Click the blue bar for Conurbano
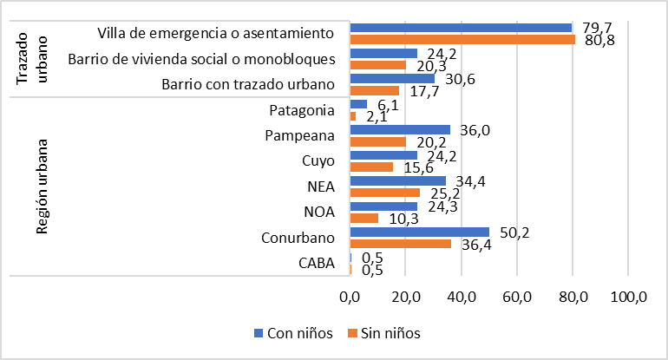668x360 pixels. coord(419,232)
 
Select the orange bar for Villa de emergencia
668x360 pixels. coord(462,39)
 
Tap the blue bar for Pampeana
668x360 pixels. coord(399,129)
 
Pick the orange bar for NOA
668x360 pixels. coord(363,218)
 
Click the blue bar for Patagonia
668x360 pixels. coord(357,104)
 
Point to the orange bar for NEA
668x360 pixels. coord(384,193)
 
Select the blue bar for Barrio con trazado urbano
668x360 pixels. coord(391,79)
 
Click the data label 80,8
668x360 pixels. coord(599,42)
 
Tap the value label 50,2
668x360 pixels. coord(513,232)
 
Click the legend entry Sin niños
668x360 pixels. coord(383,334)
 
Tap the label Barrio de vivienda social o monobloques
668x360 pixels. coord(200,59)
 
